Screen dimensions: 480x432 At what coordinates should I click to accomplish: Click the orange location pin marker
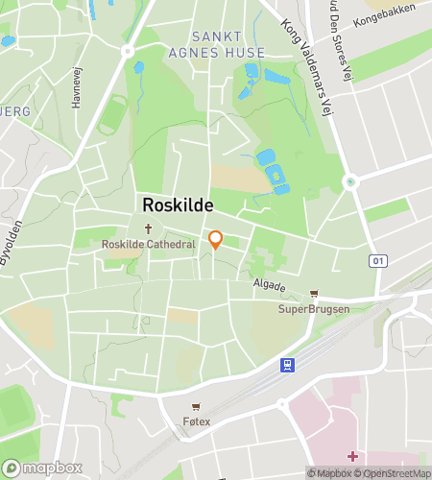(x=216, y=240)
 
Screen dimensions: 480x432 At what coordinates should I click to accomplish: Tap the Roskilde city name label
(x=178, y=205)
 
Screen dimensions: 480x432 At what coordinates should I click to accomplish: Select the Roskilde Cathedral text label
(x=149, y=245)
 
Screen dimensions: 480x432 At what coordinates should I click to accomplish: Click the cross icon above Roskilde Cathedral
(x=149, y=228)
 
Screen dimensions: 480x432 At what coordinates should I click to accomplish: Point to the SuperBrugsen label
(x=312, y=309)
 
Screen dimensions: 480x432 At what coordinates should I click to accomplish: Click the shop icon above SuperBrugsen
(x=313, y=294)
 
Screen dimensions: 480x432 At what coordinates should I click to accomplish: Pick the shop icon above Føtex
(x=197, y=406)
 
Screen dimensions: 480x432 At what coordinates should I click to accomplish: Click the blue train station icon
(x=286, y=365)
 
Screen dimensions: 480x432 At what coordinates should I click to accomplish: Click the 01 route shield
(x=379, y=260)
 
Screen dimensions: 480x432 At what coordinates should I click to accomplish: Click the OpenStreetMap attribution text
(x=393, y=472)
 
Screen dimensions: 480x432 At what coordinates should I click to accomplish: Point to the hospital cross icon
(x=353, y=455)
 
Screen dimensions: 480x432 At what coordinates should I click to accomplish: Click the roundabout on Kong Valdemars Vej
(x=349, y=180)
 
